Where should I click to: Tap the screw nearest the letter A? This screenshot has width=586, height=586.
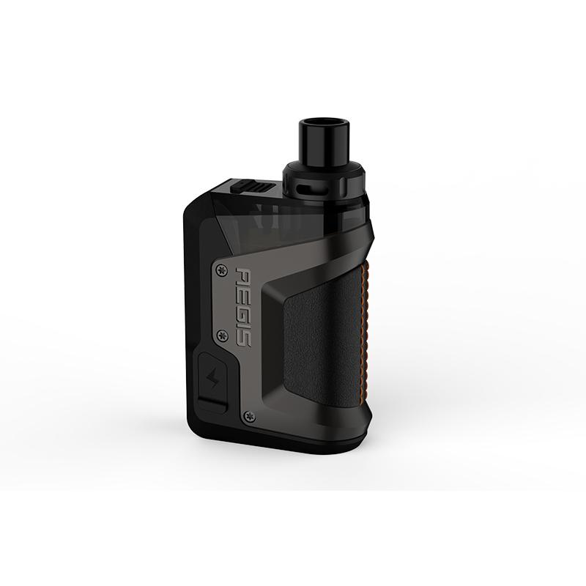pos(222,270)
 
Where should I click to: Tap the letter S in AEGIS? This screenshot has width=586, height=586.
pos(244,338)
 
